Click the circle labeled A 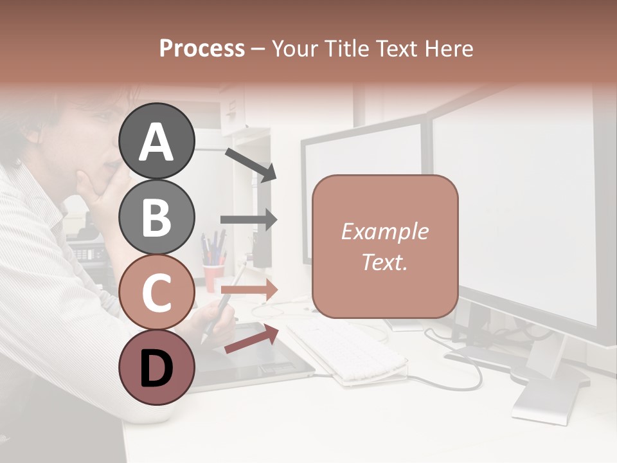coord(156,141)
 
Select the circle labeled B coord(156,217)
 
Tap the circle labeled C coord(156,293)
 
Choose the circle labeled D coord(156,368)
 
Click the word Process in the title coord(202,48)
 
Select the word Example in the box coord(384,232)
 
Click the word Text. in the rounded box coord(384,262)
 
